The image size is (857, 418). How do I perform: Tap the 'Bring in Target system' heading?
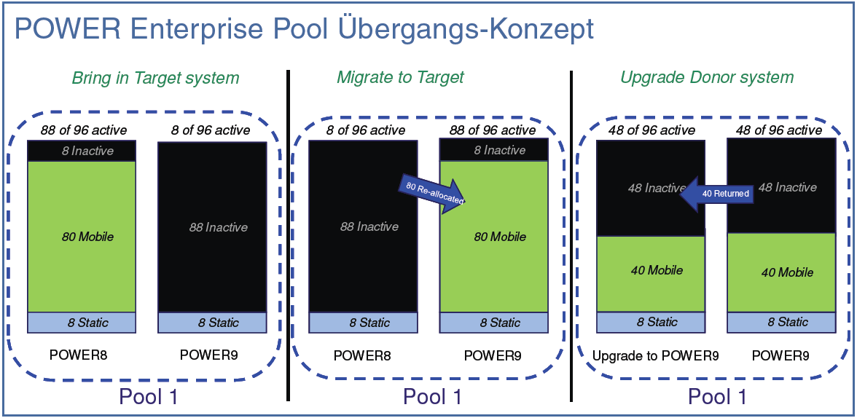155,77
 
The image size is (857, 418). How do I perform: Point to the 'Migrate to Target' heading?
400,77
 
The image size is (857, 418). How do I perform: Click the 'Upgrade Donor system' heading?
707,77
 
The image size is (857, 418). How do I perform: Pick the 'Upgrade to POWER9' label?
656,356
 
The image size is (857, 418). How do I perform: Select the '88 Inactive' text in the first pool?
218,227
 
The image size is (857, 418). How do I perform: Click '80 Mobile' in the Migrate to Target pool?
500,237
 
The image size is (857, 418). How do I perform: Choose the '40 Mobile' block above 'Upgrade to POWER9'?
656,270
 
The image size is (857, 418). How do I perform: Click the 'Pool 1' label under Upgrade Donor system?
718,397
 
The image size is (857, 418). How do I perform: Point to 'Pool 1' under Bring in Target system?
148,397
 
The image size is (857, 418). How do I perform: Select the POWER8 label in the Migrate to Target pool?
362,356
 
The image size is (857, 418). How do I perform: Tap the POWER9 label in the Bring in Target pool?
208,356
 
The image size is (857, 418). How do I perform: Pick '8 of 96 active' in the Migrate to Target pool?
366,130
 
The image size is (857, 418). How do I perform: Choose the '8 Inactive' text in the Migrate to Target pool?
500,150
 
